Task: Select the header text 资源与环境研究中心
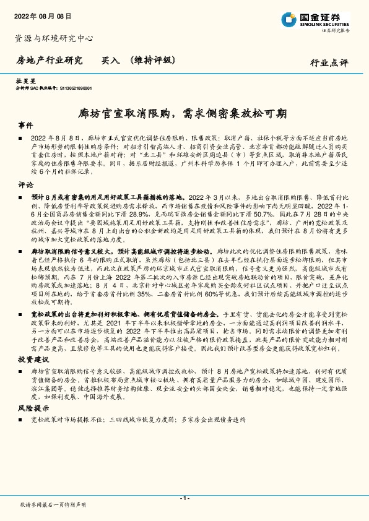(54, 38)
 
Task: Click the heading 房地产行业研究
(49, 61)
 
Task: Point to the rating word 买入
(110, 61)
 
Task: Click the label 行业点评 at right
(329, 62)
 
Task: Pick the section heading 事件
(25, 126)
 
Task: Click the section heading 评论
(25, 184)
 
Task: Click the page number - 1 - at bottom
(184, 498)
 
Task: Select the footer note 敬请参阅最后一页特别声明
(53, 505)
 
